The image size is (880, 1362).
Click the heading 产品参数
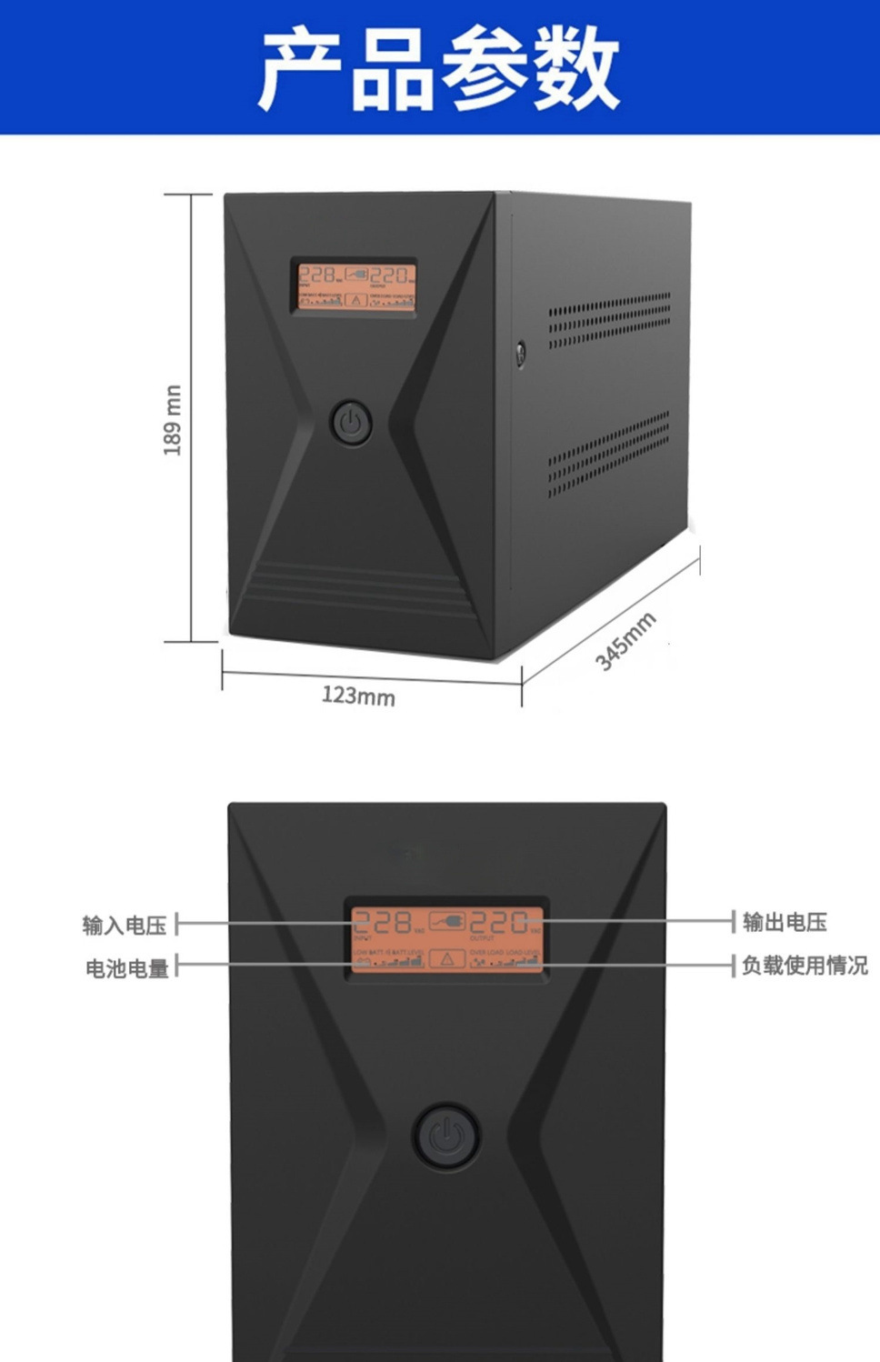point(440,68)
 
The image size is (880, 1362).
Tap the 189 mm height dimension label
point(173,419)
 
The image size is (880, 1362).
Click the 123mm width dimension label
point(358,696)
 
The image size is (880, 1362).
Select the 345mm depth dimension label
point(625,642)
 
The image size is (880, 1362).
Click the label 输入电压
point(125,926)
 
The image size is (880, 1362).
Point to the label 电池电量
point(127,968)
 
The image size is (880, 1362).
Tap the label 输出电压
point(785,922)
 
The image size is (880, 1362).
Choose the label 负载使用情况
point(805,965)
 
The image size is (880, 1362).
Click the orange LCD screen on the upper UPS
point(355,285)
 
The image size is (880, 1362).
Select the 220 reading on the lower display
point(499,923)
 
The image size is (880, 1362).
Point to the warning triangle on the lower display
point(446,958)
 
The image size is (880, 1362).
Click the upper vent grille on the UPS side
point(609,320)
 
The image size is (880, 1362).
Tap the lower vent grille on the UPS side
point(608,453)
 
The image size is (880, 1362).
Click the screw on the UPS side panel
point(521,353)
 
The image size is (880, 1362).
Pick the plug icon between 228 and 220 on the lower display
point(446,921)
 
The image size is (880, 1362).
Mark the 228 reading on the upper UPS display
point(316,275)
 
